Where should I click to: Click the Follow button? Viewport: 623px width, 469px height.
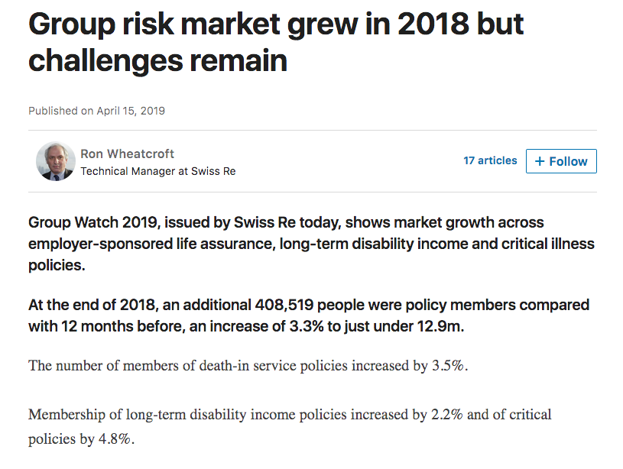click(x=561, y=161)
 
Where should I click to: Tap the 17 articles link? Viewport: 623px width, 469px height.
click(x=490, y=160)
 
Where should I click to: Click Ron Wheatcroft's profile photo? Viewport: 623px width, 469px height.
click(x=55, y=161)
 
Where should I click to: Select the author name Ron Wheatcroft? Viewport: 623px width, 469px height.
click(x=128, y=154)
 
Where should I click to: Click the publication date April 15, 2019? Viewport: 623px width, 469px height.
click(x=131, y=111)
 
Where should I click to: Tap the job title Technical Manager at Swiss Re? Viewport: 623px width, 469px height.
click(x=157, y=171)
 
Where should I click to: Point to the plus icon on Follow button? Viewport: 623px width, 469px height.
click(x=540, y=161)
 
